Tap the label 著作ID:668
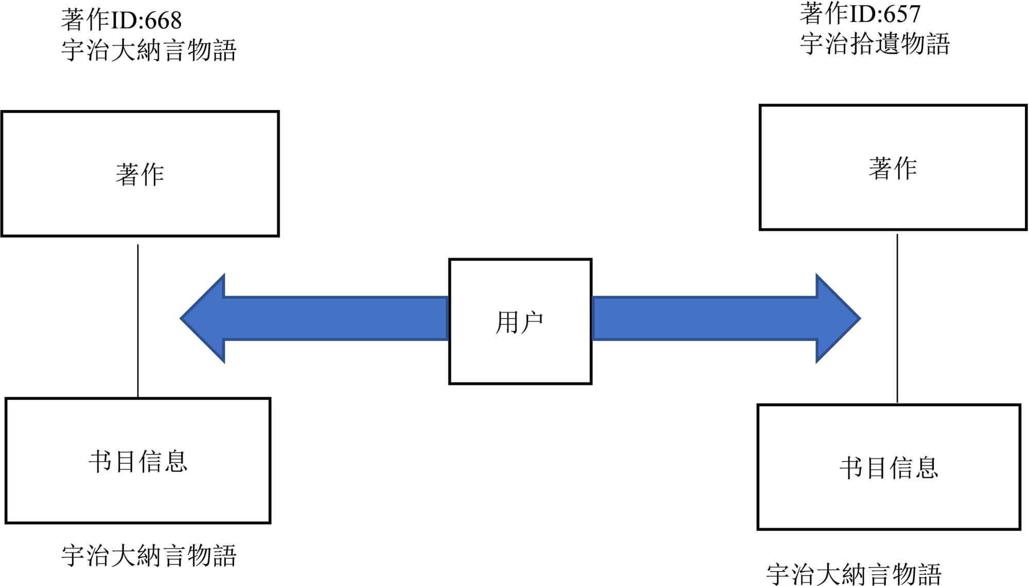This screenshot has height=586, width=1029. [121, 20]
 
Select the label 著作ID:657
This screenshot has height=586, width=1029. [860, 13]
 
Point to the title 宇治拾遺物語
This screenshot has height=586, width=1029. [875, 44]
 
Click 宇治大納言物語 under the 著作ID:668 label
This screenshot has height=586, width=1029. [149, 50]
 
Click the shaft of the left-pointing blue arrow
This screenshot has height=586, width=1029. [334, 318]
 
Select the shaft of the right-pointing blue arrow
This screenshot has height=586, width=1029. [705, 318]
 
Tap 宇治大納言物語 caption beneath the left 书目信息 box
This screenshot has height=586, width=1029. [149, 556]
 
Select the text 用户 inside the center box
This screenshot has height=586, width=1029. [520, 323]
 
